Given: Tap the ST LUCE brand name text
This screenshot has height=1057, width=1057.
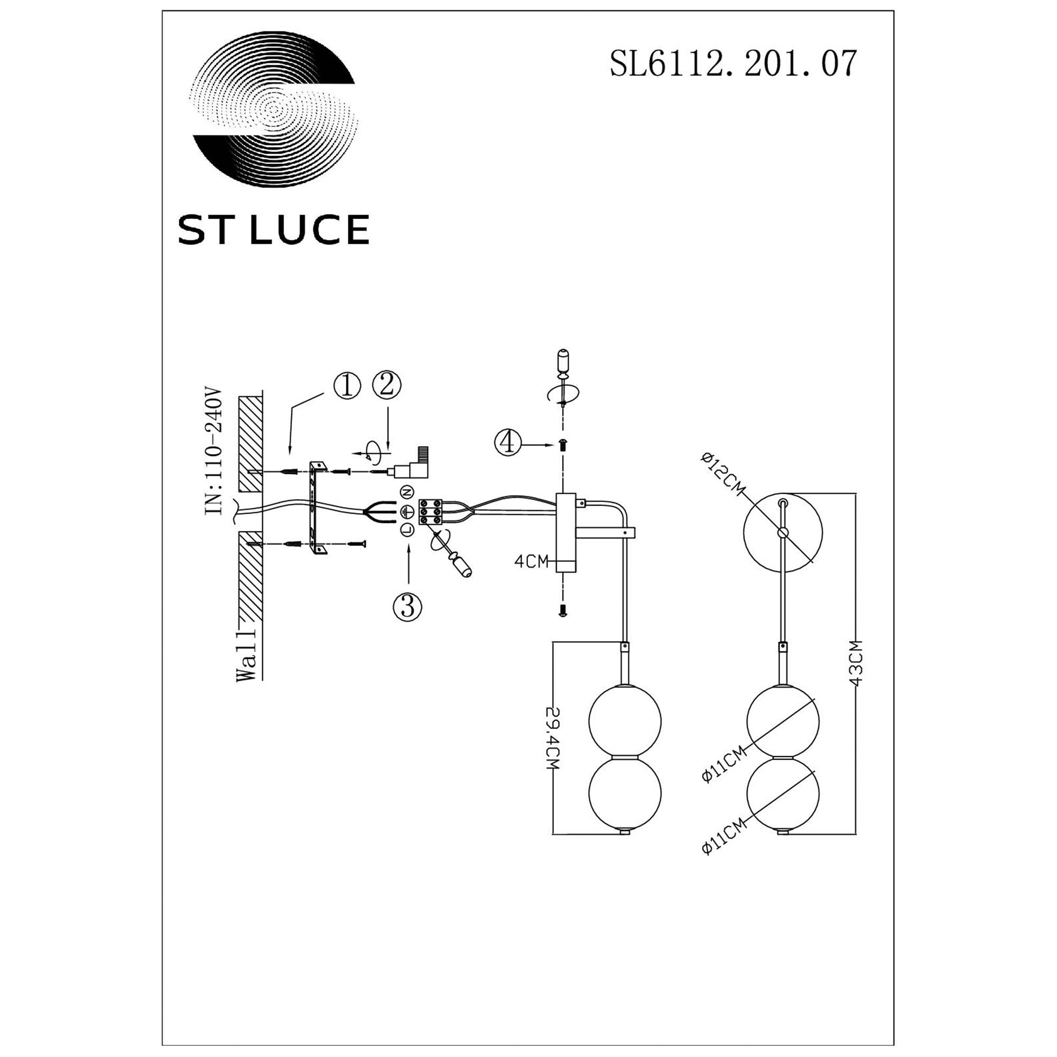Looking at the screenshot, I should pyautogui.click(x=273, y=229).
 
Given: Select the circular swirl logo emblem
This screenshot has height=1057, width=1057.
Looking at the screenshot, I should pyautogui.click(x=274, y=109).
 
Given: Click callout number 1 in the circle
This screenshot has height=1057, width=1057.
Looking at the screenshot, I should pyautogui.click(x=347, y=386).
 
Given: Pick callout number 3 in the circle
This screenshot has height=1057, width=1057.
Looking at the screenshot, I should pyautogui.click(x=407, y=607).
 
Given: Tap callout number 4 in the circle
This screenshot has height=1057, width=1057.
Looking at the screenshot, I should pyautogui.click(x=508, y=442).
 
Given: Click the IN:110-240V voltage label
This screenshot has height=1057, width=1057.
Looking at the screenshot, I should pyautogui.click(x=214, y=452).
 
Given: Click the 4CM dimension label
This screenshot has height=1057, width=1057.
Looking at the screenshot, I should pyautogui.click(x=531, y=561).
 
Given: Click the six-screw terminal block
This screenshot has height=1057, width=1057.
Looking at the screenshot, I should pyautogui.click(x=431, y=512).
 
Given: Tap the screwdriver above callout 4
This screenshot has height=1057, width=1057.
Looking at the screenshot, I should pyautogui.click(x=563, y=372).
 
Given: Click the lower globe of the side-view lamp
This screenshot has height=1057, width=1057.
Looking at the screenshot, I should pyautogui.click(x=624, y=793).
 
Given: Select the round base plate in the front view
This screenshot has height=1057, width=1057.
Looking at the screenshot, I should pyautogui.click(x=783, y=531).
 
